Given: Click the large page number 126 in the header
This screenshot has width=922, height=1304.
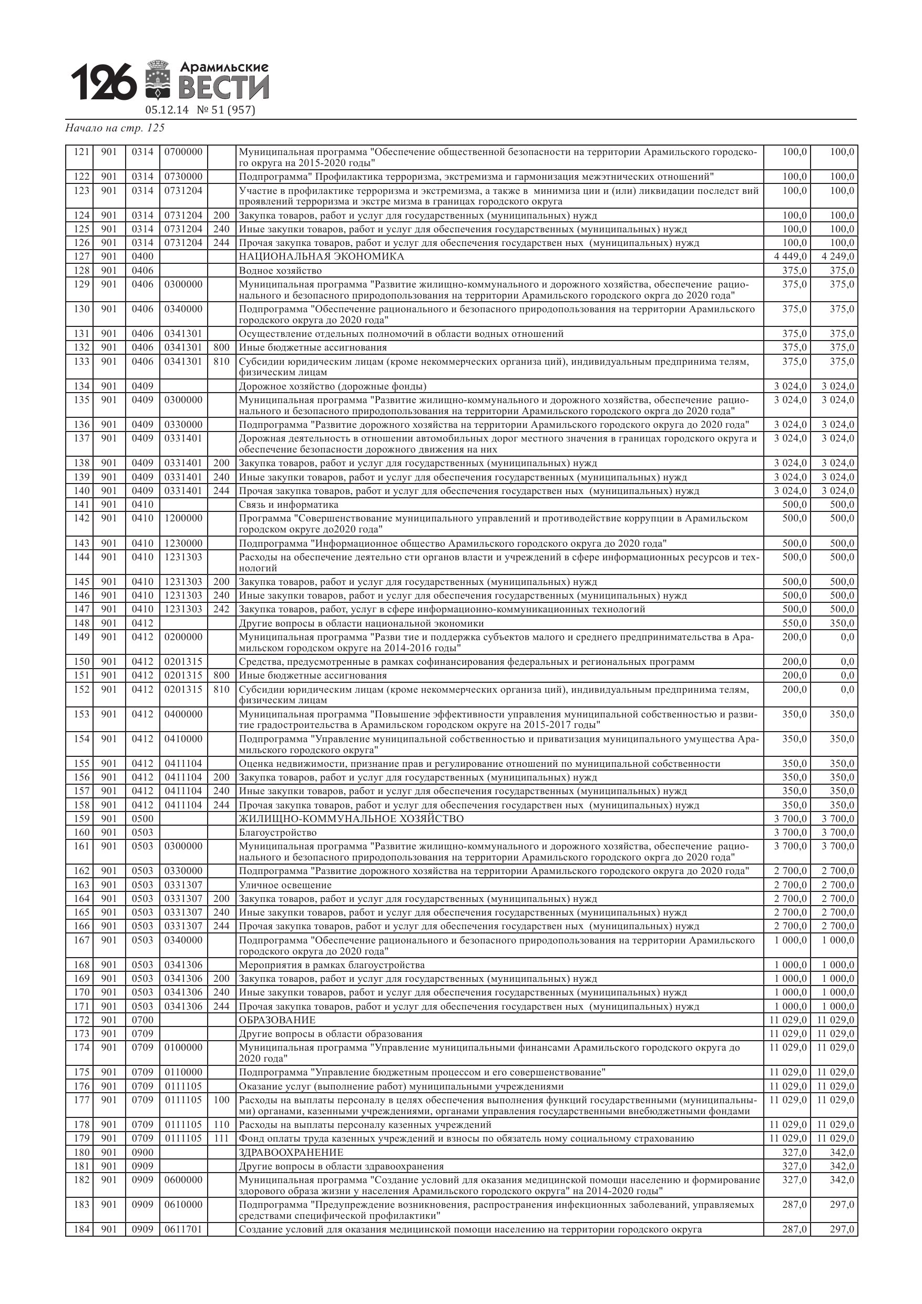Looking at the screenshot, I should [104, 82].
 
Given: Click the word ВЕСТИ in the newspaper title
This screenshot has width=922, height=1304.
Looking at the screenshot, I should [223, 87].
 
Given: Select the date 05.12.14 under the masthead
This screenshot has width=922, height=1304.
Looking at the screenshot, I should [167, 110].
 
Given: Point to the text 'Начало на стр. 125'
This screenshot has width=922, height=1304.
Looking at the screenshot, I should [115, 128].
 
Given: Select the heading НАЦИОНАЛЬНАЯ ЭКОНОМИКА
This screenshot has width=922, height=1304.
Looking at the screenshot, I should [321, 256].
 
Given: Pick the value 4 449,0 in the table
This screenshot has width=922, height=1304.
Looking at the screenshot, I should [790, 256].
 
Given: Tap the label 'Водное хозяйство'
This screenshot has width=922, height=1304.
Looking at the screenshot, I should [280, 271].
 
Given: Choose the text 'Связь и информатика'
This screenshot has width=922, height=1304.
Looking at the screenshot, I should [288, 505].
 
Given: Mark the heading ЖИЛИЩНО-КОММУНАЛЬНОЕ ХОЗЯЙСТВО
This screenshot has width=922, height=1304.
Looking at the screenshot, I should [351, 819].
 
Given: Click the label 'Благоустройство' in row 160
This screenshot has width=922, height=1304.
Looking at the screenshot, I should [278, 833].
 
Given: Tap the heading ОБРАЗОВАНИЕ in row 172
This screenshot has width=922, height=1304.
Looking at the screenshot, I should [276, 1020].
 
